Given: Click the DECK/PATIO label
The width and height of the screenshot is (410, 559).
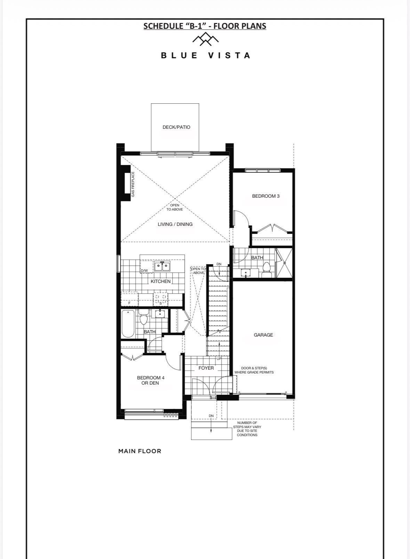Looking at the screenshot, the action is [176, 127].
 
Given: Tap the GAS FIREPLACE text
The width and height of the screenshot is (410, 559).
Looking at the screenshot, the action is [133, 184].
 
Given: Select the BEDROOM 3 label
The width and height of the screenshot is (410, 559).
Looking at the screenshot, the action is [266, 196].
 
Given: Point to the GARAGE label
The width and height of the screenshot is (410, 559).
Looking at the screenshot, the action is [263, 335].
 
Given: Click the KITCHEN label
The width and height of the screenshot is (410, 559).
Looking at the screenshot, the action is [161, 281].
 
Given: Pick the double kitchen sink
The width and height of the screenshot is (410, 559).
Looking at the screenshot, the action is [162, 266].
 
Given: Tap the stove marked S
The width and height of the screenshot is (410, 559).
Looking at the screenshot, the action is [161, 299].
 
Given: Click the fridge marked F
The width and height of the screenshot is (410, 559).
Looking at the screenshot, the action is [129, 299].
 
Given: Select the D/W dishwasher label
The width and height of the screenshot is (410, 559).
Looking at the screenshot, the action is [144, 270].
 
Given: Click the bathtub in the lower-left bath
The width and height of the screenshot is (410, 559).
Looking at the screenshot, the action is [128, 324].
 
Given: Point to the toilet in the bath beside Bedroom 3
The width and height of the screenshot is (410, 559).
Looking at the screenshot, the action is [266, 269].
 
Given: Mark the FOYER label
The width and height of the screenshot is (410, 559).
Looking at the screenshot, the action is [206, 368].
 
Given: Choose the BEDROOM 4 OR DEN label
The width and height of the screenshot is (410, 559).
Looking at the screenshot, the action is [150, 380].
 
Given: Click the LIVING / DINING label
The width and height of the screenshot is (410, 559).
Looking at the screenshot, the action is [175, 225].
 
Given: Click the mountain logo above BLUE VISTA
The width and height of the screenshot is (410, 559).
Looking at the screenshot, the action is [206, 39].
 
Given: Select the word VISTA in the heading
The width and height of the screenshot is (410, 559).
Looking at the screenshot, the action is [229, 55].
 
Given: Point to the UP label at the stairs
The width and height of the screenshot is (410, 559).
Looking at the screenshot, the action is [219, 359].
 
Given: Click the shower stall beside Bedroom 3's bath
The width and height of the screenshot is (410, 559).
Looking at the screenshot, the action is [284, 263].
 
